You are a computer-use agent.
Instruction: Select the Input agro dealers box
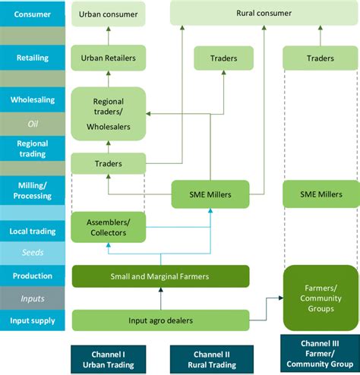coord(160,320)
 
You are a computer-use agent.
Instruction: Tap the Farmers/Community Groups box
coord(320,298)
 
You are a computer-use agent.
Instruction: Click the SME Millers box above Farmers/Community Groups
coord(320,194)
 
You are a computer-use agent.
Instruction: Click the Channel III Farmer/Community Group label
coord(320,357)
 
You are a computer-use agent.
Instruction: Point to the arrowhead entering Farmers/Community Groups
coord(279,298)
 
